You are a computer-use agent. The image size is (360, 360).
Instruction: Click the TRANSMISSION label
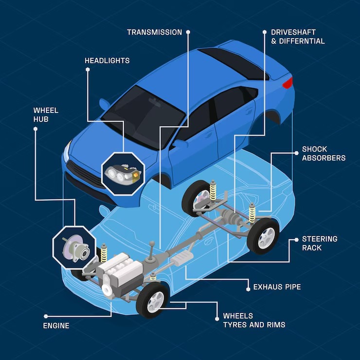point(154,33)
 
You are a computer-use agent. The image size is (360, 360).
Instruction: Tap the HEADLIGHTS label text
point(107,61)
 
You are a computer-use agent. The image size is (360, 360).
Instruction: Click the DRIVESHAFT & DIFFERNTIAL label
point(298,37)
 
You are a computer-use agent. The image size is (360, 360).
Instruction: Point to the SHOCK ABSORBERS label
point(324,153)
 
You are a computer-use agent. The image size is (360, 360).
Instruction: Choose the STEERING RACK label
point(320,243)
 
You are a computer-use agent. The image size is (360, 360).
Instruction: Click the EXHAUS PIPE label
point(277,287)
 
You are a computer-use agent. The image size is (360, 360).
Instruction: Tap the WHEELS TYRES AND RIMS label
point(254,320)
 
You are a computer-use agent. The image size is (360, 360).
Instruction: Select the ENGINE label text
point(56,325)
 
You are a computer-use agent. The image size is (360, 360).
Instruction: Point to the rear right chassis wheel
point(263,235)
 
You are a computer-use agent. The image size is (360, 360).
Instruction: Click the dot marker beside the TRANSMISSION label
point(188,33)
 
